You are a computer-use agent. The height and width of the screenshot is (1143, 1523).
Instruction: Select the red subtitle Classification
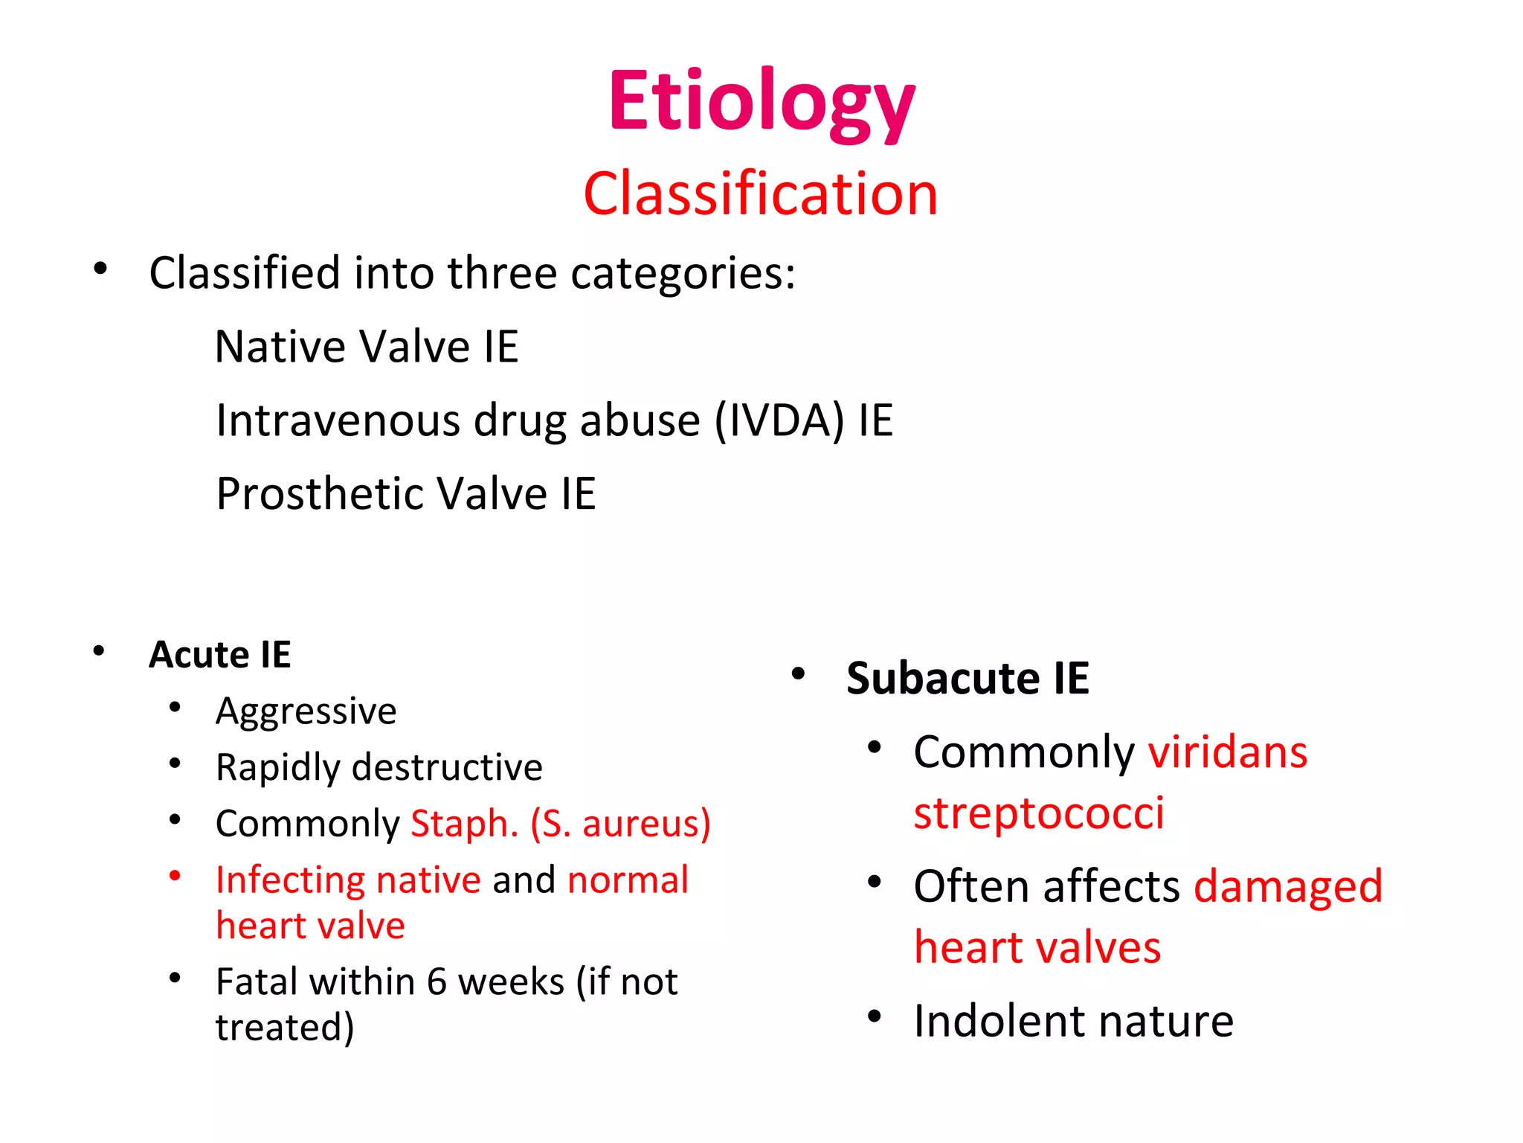(x=760, y=193)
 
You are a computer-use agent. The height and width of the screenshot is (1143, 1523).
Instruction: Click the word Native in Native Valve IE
(x=279, y=347)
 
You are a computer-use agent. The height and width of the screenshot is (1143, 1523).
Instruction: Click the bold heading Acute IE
(x=219, y=655)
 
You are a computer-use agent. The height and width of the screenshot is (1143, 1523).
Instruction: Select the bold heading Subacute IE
(x=967, y=679)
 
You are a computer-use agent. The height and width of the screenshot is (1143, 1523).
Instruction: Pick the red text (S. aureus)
(x=621, y=824)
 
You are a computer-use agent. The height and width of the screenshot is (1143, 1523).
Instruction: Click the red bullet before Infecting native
(x=175, y=876)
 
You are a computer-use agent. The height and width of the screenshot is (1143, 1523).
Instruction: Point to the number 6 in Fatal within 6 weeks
(x=437, y=982)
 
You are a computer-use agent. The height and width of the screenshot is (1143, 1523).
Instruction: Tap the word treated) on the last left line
(x=285, y=1028)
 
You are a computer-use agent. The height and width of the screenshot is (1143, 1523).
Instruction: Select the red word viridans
(x=1227, y=752)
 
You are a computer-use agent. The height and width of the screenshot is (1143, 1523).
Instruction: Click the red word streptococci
(x=1038, y=813)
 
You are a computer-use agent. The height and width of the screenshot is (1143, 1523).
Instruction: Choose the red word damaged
(x=1288, y=887)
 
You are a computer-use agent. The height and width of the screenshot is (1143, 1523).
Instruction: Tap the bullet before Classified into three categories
(x=100, y=269)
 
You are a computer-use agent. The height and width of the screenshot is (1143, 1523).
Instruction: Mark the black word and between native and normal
(x=524, y=880)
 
